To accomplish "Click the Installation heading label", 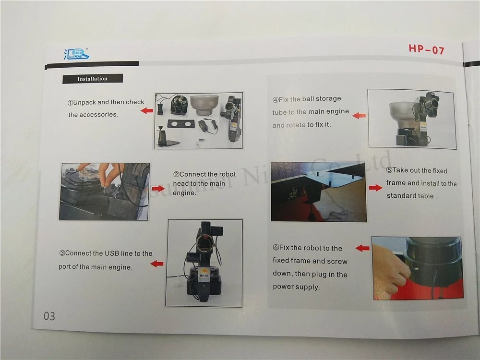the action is pyautogui.click(x=93, y=79).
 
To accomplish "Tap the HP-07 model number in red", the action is pyautogui.click(x=426, y=48).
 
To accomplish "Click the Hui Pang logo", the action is pyautogui.click(x=76, y=54).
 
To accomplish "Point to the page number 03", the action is pyautogui.click(x=49, y=316).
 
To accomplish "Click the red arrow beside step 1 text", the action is pyautogui.click(x=147, y=110).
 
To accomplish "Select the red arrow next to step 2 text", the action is pyautogui.click(x=158, y=188).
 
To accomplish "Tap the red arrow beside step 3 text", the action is pyautogui.click(x=157, y=264).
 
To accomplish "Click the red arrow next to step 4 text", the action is pyautogui.click(x=359, y=116).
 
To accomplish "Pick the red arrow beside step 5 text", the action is pyautogui.click(x=375, y=188).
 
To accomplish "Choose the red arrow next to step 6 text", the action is pyautogui.click(x=362, y=248).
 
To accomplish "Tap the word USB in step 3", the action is pyautogui.click(x=112, y=253).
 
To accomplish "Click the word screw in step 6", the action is pyautogui.click(x=337, y=262).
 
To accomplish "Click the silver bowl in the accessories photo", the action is pyautogui.click(x=204, y=105).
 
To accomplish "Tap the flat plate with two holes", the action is pyautogui.click(x=181, y=124).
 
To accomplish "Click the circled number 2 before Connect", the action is pyautogui.click(x=176, y=175).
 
